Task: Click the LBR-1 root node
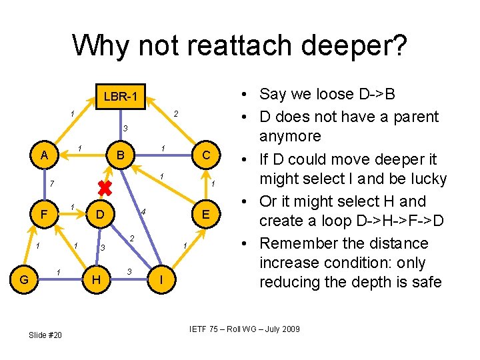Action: [121, 97]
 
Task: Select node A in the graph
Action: [44, 155]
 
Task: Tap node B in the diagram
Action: [121, 155]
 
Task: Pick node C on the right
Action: [207, 155]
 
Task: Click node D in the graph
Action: [99, 215]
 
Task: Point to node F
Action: [44, 215]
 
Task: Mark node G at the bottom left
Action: [24, 280]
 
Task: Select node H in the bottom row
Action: [97, 280]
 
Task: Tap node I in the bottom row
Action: [159, 280]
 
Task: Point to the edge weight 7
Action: [51, 183]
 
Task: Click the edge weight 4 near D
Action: [143, 212]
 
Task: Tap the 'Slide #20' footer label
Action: [45, 335]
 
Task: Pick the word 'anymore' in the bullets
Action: [290, 136]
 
